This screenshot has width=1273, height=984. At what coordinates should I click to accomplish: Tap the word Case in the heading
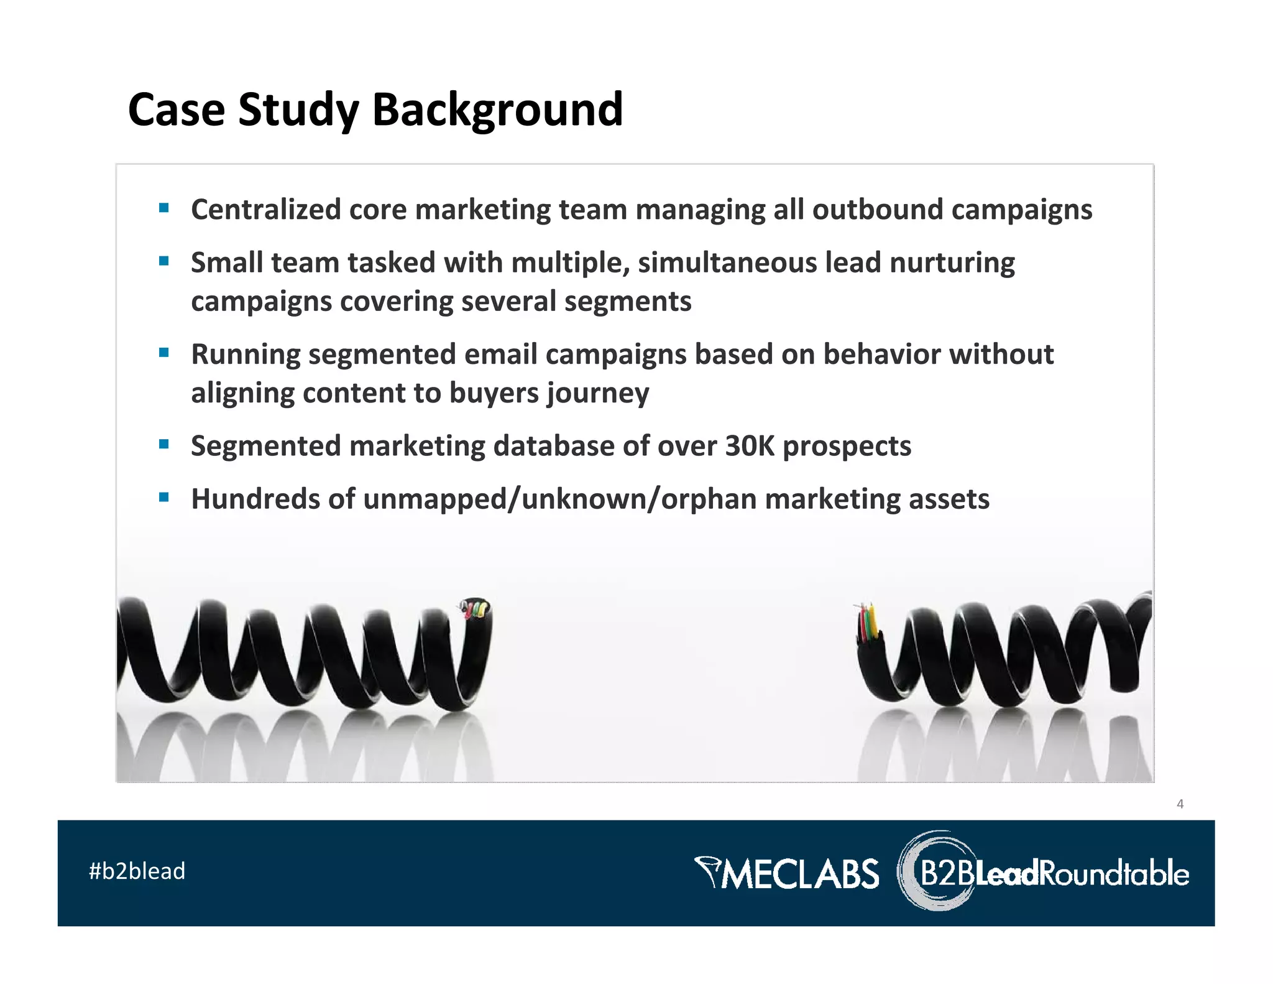point(176,109)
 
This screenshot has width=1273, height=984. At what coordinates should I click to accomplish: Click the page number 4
point(1180,804)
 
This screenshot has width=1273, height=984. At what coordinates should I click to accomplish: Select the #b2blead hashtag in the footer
point(137,871)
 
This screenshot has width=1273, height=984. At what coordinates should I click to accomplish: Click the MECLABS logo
point(787,873)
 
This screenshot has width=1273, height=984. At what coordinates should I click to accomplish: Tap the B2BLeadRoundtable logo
point(1044,872)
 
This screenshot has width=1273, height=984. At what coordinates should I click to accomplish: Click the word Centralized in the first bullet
point(265,210)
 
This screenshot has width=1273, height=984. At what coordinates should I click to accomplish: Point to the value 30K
point(750,446)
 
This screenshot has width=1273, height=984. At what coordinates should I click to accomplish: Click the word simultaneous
point(727,262)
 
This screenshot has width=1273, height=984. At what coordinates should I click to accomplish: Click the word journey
point(597,394)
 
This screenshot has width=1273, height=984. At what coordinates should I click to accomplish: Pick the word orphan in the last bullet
point(709,499)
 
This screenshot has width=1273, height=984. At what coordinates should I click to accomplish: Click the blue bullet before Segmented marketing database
point(164,444)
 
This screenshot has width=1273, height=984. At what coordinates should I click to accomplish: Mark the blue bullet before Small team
point(164,261)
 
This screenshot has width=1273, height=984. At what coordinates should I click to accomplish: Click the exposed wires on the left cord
point(475,608)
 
